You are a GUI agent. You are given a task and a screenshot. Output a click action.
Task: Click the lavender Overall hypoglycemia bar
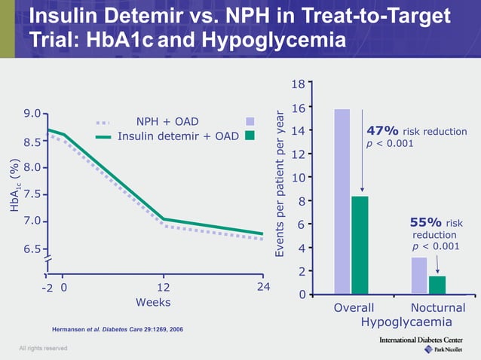pos(342,201)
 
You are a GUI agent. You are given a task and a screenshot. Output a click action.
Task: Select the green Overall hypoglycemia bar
pos(360,245)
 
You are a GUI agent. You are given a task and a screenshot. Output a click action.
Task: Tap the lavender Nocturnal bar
pos(419,275)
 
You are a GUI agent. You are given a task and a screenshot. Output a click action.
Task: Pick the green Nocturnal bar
pos(437,285)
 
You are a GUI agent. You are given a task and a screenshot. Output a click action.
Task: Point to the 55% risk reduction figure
pos(424,222)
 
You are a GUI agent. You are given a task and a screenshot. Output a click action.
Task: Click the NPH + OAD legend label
pos(167,121)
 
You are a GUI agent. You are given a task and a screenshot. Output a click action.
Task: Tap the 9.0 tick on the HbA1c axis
pos(32,114)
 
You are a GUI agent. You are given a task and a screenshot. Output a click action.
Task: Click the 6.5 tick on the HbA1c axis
pos(32,249)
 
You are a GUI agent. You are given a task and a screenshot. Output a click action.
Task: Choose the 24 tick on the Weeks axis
pos(263,287)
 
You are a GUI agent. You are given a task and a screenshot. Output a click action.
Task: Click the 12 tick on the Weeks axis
pos(163,287)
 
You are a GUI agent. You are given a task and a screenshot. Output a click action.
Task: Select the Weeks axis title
pos(152,303)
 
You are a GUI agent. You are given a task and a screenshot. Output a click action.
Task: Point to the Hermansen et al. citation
pos(117,330)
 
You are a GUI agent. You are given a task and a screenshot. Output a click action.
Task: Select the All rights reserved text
pos(43,348)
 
